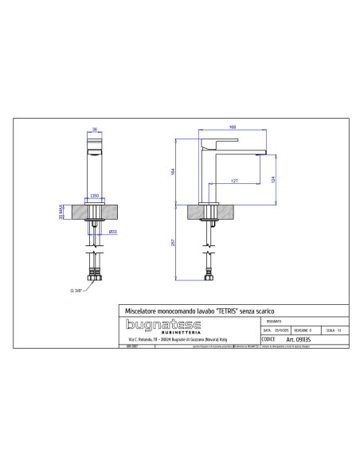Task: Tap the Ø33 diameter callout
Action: [113, 232]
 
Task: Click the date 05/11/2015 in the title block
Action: [281, 329]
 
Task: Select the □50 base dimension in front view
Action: [94, 194]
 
